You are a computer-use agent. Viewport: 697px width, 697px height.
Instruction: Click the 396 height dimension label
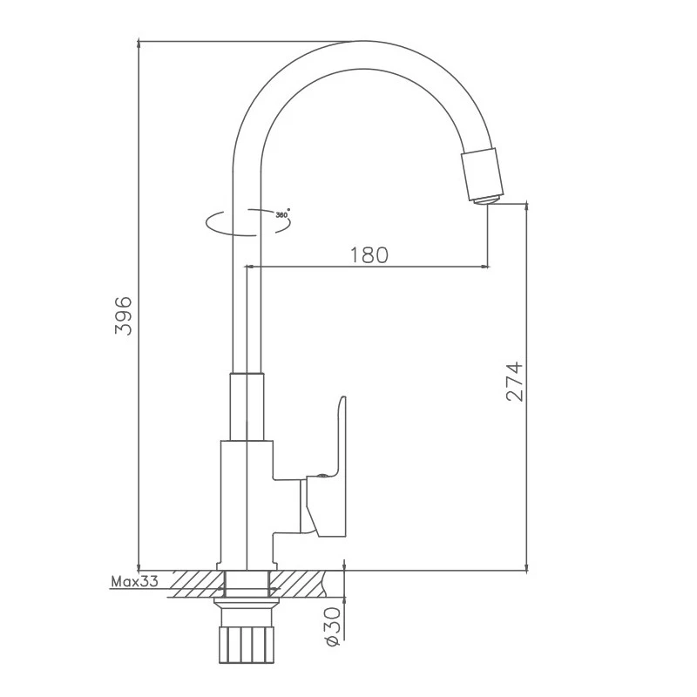tap(124, 315)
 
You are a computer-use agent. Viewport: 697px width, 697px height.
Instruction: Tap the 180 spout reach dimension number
tap(369, 255)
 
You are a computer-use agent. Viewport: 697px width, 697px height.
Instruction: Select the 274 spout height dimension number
tap(514, 382)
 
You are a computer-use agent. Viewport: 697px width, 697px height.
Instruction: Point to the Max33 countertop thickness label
tap(134, 581)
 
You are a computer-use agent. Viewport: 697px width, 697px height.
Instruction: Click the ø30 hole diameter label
tap(333, 626)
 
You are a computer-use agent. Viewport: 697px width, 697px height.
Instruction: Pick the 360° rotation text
tap(282, 214)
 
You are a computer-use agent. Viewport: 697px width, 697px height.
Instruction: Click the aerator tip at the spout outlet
tap(487, 200)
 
